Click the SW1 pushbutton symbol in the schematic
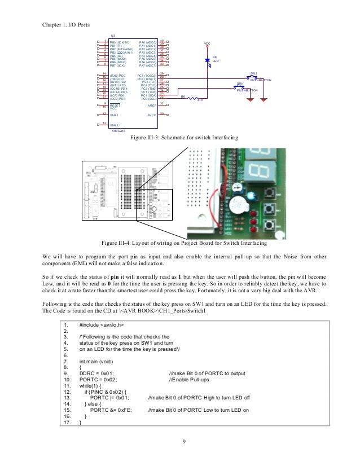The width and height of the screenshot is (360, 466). pos(239,87)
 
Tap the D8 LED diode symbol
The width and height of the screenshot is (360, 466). pos(208,59)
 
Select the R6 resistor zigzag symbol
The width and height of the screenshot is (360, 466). pos(191,99)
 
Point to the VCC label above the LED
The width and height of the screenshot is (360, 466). pos(207,43)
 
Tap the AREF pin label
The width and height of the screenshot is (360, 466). pos(152,105)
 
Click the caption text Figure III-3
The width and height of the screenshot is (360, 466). pos(185,138)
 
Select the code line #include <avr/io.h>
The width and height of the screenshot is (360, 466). pos(101,325)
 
